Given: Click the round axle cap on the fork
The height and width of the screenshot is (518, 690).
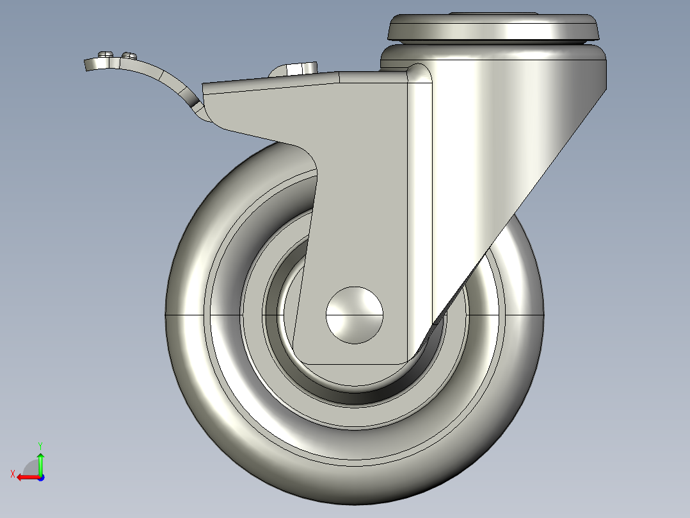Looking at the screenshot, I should pos(355,314).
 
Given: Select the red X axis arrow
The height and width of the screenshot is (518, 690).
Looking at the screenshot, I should pos(26,477).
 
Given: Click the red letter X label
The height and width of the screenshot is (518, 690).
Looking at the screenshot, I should pos(13,474).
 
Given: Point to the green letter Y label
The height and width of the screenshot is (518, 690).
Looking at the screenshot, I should pos(40,444).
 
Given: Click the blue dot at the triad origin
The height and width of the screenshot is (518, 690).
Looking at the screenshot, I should pos(40,477).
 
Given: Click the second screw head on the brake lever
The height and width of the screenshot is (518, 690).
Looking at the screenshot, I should pos(129,55).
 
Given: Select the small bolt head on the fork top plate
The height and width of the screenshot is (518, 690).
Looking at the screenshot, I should pos(296,69).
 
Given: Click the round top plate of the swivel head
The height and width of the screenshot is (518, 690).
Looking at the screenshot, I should pos(493,28).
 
